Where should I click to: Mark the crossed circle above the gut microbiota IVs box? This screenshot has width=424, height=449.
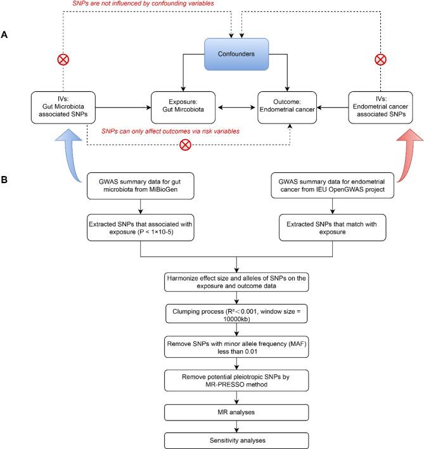click(x=63, y=60)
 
